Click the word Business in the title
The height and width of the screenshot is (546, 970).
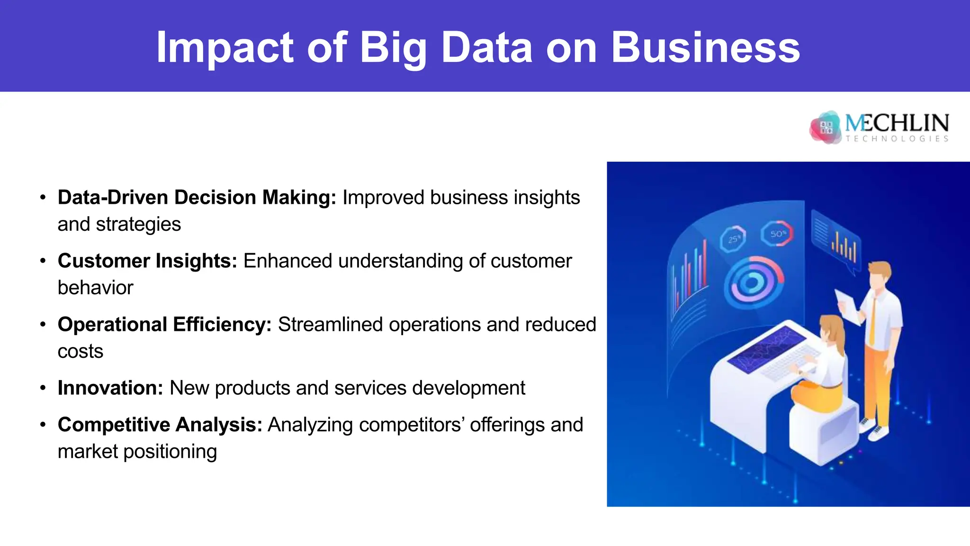705,47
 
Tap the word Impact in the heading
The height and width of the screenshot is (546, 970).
225,47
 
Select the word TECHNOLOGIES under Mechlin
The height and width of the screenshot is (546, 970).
897,138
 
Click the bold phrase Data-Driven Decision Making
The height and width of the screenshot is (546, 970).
197,197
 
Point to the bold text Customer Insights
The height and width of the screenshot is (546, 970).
147,261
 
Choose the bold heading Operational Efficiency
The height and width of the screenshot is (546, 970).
164,324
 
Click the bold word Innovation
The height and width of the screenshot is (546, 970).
110,388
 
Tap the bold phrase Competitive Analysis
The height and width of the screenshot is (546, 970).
160,425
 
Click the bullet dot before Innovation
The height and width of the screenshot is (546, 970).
43,388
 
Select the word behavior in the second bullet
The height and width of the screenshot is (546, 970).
95,288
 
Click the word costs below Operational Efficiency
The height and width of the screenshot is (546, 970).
80,351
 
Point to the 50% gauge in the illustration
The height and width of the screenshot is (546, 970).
777,233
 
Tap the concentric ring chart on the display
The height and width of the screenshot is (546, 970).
753,282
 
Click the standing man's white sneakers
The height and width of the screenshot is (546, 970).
874,429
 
